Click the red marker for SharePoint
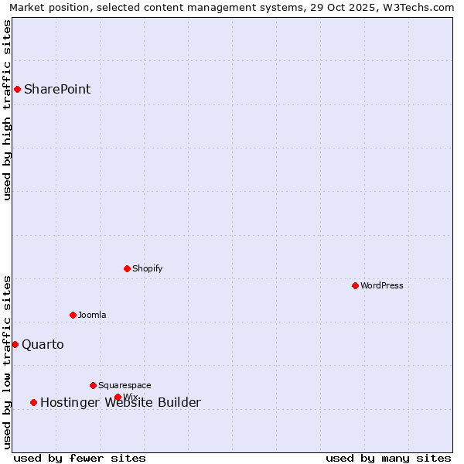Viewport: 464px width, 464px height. click(x=17, y=89)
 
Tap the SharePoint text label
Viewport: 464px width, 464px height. click(x=57, y=89)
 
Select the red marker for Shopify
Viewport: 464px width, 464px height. click(x=127, y=268)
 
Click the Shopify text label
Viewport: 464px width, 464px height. click(x=147, y=268)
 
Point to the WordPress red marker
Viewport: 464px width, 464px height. click(x=355, y=285)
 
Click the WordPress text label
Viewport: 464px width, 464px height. click(x=382, y=285)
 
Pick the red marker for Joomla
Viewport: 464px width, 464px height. click(x=73, y=315)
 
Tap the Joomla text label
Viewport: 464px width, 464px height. click(x=92, y=315)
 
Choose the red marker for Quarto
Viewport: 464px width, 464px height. click(x=15, y=344)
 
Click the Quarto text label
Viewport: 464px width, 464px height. click(x=43, y=344)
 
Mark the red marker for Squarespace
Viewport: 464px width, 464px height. click(x=93, y=385)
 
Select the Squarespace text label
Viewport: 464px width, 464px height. click(x=125, y=385)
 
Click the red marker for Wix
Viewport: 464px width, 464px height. click(x=118, y=397)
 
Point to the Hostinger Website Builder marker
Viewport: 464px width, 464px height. click(x=33, y=402)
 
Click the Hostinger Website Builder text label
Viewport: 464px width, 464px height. click(x=121, y=402)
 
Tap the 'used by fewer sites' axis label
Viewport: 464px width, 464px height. click(x=80, y=458)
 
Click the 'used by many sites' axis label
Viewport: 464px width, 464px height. click(x=388, y=458)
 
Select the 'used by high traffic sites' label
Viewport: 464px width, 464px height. click(x=8, y=110)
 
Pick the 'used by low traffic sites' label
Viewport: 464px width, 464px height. click(x=8, y=362)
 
